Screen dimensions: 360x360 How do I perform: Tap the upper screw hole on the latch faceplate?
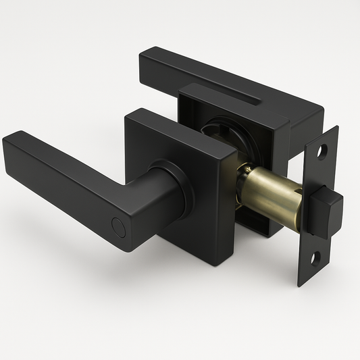coord(322,151)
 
